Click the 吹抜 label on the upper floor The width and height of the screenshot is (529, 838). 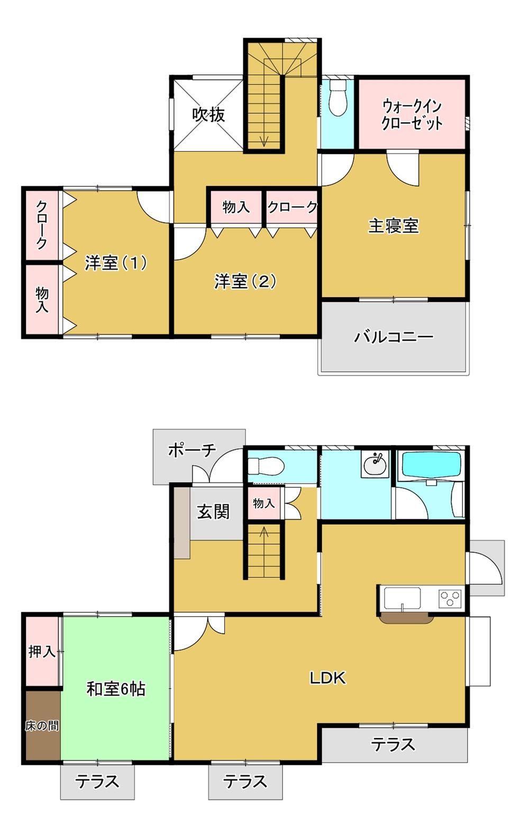208,115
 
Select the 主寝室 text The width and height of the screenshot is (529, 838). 394,226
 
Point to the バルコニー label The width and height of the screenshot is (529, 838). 394,337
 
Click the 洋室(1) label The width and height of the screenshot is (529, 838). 116,263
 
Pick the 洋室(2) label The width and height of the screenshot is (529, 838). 245,281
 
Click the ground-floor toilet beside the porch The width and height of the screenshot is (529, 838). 267,466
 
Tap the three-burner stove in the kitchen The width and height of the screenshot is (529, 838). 450,599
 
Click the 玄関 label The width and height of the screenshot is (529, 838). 213,511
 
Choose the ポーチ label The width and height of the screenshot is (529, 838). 192,450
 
